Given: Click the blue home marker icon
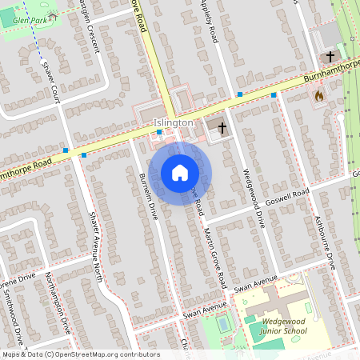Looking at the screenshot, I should (180, 173).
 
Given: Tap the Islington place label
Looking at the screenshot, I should (174, 122).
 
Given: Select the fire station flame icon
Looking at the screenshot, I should (319, 95).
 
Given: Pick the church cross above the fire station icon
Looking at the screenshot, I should (330, 58).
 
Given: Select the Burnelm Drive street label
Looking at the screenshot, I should (149, 198).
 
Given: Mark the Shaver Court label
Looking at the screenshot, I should (50, 82).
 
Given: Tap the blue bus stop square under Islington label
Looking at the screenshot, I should (159, 132).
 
